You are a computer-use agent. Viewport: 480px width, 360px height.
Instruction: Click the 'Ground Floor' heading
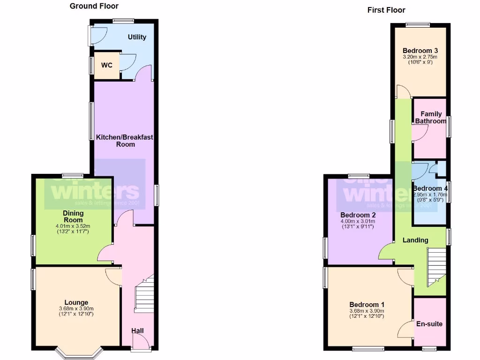[x=94, y=6]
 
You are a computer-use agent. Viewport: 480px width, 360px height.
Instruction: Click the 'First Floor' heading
[x=386, y=10]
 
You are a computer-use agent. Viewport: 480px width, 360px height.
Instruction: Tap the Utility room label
[x=137, y=37]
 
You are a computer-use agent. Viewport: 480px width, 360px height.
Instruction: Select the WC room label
[x=107, y=65]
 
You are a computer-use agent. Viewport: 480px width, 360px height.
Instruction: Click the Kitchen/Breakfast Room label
[x=125, y=141]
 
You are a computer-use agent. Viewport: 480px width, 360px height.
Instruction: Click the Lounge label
[x=76, y=302]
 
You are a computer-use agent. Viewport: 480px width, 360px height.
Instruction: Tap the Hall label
[x=137, y=330]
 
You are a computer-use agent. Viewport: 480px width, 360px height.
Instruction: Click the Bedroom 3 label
[x=420, y=51]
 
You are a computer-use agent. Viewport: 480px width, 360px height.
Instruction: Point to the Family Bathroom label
[x=430, y=117]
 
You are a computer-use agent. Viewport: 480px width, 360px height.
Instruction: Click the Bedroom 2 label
[x=358, y=215]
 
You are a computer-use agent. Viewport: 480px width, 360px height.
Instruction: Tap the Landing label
[x=415, y=240]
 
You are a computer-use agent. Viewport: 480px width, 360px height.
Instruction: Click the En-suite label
[x=429, y=324]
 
